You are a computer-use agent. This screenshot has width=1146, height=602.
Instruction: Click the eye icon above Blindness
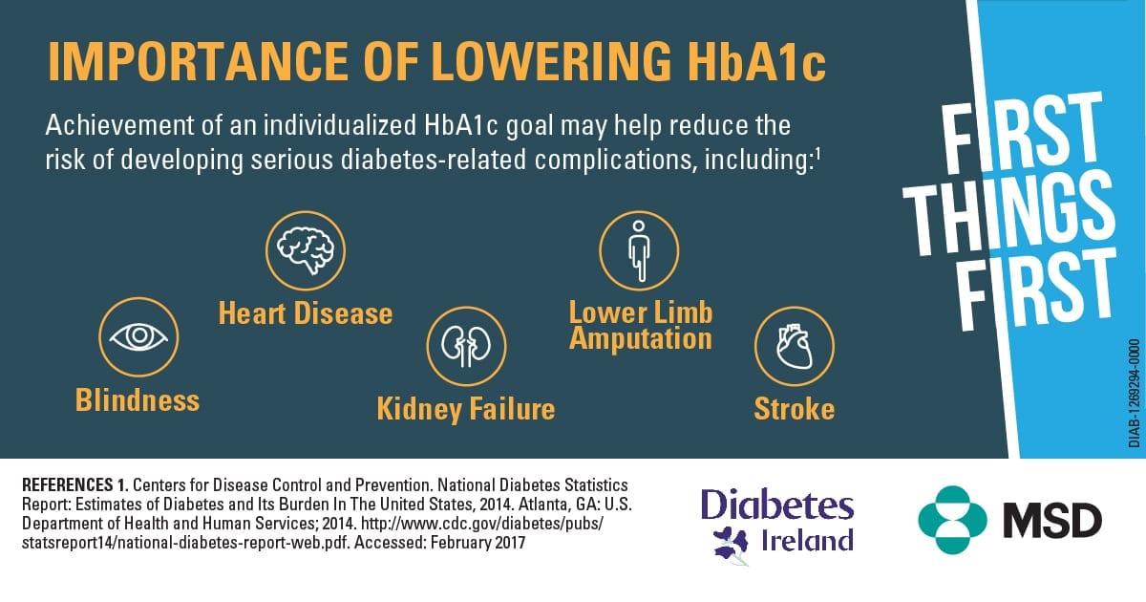click(138, 336)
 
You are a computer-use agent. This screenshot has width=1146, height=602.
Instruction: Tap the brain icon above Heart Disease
click(306, 250)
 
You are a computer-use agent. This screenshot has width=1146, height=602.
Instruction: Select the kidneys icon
click(466, 346)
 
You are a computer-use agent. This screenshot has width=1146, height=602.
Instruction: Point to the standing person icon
click(639, 250)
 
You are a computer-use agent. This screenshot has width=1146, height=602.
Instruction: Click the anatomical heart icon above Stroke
click(794, 346)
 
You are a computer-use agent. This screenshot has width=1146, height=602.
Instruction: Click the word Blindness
click(138, 399)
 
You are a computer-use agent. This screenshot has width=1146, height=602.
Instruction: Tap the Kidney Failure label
click(466, 409)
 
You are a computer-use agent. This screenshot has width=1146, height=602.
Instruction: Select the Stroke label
click(794, 409)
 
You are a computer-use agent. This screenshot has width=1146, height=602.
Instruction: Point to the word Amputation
click(641, 339)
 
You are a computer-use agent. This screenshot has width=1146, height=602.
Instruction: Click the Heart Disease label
click(306, 313)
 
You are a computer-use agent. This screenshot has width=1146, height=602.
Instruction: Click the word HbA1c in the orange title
click(756, 61)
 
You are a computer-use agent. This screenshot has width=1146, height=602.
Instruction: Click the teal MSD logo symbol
click(953, 520)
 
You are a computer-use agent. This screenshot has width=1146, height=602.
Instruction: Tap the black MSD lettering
click(1052, 520)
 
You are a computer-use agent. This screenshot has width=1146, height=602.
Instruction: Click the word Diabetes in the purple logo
click(777, 505)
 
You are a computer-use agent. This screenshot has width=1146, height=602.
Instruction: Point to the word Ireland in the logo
click(808, 541)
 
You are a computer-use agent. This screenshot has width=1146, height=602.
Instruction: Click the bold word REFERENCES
click(67, 484)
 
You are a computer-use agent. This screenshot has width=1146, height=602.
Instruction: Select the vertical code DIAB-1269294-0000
click(1134, 393)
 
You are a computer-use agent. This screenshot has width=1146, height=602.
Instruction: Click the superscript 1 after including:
click(817, 153)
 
